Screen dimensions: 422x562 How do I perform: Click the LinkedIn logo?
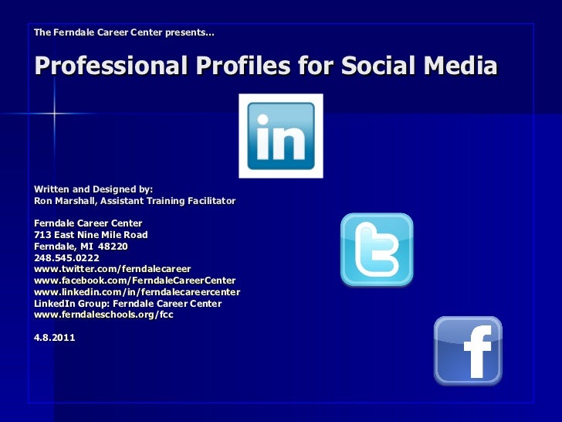point(280,136)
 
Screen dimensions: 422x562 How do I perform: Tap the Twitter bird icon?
point(377,250)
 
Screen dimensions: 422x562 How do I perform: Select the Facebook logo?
point(468,350)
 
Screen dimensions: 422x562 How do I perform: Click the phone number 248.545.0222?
point(67,257)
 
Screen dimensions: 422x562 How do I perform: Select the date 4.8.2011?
point(55,338)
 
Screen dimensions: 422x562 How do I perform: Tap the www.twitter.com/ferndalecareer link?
point(113,268)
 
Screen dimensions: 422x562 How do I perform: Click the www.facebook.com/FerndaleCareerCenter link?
point(135,280)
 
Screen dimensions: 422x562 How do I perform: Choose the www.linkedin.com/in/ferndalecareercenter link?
point(137,292)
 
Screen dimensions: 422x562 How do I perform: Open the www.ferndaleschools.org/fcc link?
point(104,315)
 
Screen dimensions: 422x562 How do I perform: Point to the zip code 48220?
point(113,246)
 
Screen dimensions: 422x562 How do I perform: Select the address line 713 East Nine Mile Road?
point(91,234)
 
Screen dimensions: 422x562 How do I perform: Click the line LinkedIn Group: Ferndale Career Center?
point(128,304)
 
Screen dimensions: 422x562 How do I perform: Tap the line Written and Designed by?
point(94,189)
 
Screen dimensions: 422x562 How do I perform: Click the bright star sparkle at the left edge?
point(54,114)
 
